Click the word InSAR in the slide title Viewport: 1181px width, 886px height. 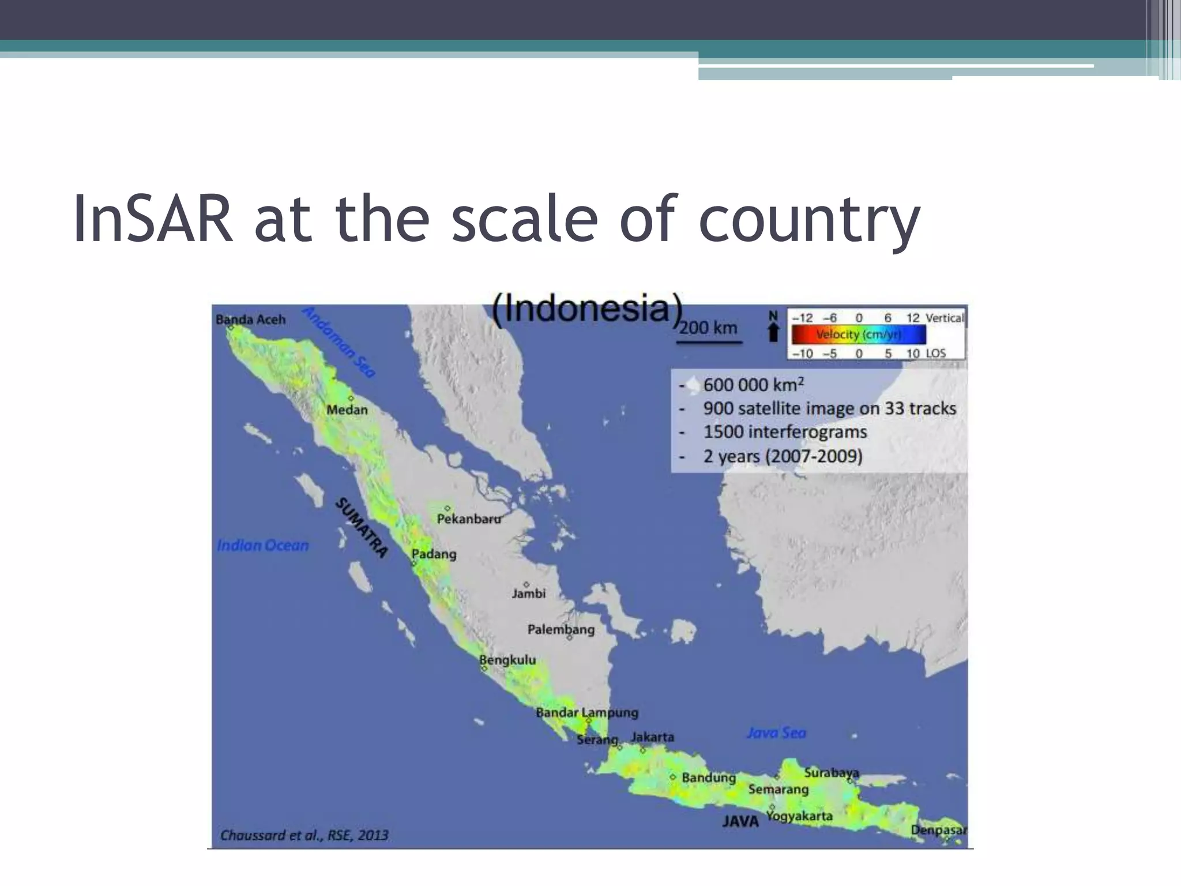click(153, 219)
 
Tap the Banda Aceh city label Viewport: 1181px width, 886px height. click(250, 320)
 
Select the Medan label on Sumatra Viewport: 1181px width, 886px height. click(347, 410)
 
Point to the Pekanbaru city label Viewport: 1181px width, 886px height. click(469, 519)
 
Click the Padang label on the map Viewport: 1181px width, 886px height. click(434, 554)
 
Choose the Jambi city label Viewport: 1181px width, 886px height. click(528, 593)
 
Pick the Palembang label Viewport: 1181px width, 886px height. click(561, 629)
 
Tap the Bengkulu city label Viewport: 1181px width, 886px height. click(507, 660)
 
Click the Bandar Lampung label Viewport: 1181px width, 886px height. click(586, 712)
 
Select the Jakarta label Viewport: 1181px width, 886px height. click(652, 737)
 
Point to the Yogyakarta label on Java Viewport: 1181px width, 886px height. click(799, 816)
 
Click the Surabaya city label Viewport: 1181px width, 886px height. click(831, 772)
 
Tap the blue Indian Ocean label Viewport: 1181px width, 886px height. click(263, 545)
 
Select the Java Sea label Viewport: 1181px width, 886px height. click(776, 733)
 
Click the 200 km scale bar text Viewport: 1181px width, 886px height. click(708, 328)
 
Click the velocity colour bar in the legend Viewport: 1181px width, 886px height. click(858, 335)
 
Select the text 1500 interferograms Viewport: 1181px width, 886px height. click(785, 432)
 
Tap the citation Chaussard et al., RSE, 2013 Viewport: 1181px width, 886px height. click(304, 835)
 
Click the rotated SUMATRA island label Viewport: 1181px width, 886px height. click(361, 527)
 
